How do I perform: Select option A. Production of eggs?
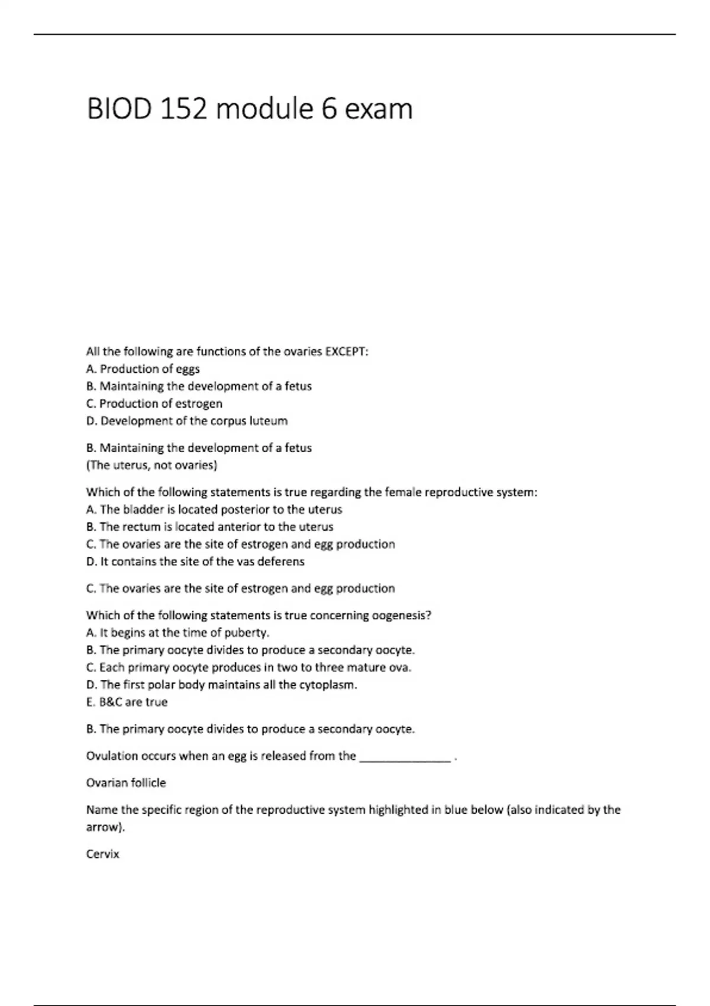pyautogui.click(x=143, y=369)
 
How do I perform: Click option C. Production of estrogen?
pyautogui.click(x=154, y=404)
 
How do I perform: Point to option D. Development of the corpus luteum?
pyautogui.click(x=186, y=421)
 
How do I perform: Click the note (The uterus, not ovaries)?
pyautogui.click(x=151, y=465)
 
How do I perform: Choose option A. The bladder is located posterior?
pyautogui.click(x=214, y=510)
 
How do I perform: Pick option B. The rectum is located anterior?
pyautogui.click(x=209, y=527)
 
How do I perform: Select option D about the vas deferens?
pyautogui.click(x=195, y=562)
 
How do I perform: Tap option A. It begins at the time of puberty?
pyautogui.click(x=177, y=633)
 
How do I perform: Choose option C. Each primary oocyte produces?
pyautogui.click(x=248, y=668)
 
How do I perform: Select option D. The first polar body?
pyautogui.click(x=221, y=685)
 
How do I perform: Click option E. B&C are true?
pyautogui.click(x=127, y=702)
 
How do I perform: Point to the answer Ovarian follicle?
pyautogui.click(x=126, y=783)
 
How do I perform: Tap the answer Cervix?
pyautogui.click(x=102, y=855)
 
